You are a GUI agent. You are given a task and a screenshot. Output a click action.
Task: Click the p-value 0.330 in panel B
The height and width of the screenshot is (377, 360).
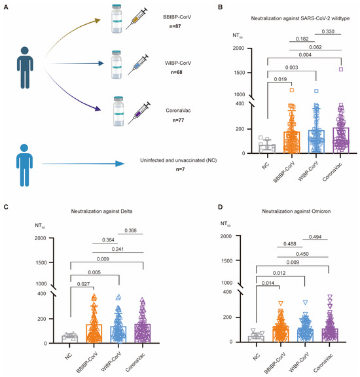pos(326,31)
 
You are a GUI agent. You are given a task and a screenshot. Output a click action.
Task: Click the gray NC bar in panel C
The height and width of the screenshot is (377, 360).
pos(69,338)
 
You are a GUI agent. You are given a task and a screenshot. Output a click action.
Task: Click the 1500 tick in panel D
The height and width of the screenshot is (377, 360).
pos(231,260)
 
